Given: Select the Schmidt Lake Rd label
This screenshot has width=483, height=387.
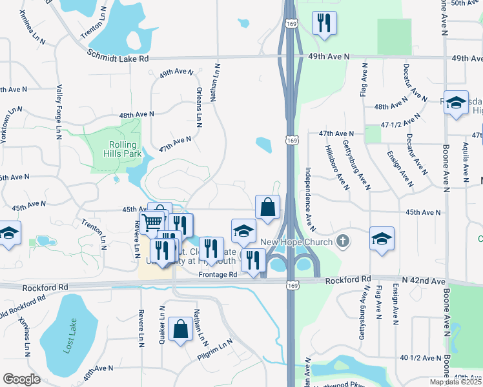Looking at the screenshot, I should coord(119,58).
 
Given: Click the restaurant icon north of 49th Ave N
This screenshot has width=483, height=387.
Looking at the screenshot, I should coord(322,23).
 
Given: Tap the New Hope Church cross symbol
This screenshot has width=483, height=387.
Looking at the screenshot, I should coord(342,242).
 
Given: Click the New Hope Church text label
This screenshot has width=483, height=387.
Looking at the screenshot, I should coord(306,242).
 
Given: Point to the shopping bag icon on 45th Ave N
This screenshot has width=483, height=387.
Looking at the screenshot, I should coord(268,208).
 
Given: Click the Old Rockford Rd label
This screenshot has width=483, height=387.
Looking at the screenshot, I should coord(23,305).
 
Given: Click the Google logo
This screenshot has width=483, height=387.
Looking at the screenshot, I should coord(21,379).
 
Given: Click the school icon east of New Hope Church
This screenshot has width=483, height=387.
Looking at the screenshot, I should coord(382,238).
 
